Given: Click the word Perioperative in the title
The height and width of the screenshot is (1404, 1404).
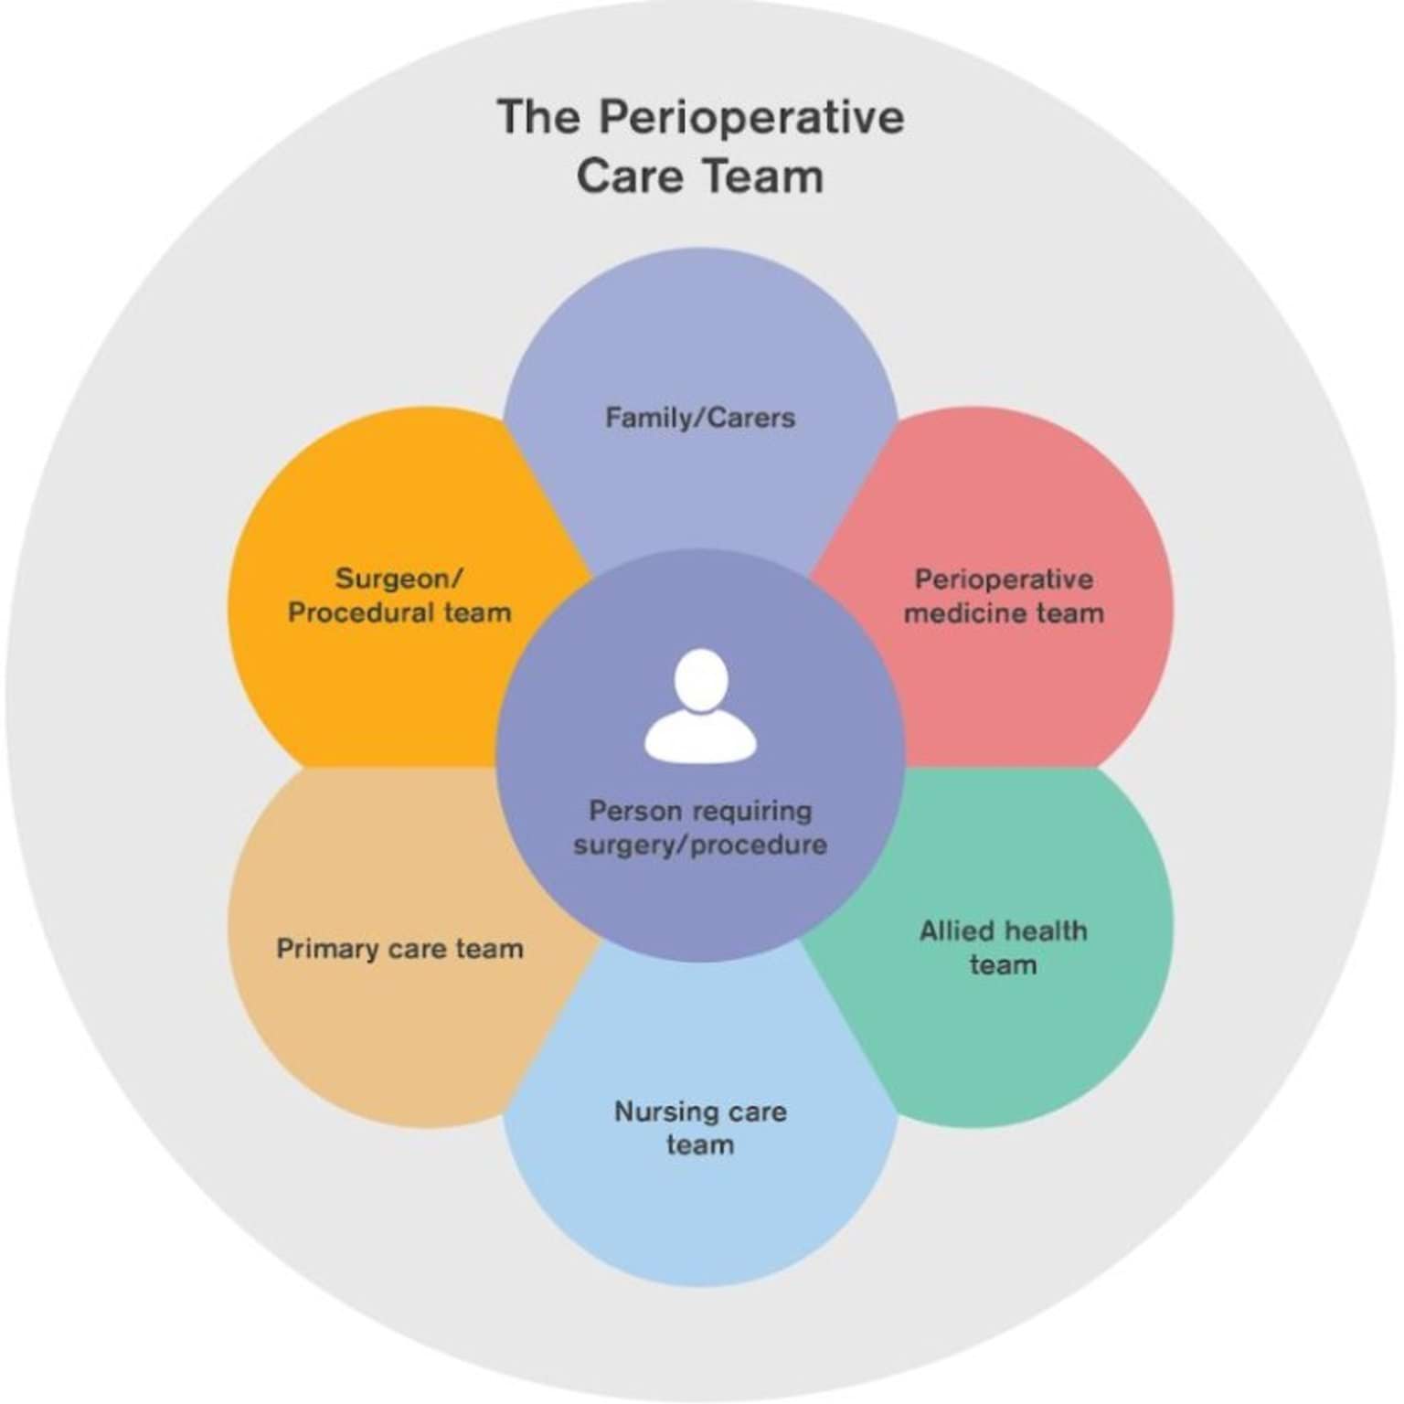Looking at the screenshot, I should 751,117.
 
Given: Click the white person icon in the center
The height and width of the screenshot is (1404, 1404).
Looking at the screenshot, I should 700,708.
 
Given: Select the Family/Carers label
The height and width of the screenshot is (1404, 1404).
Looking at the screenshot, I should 700,418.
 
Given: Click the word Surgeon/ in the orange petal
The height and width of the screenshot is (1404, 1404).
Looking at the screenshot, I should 399,579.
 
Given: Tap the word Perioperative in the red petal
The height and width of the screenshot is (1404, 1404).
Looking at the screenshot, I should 1004,580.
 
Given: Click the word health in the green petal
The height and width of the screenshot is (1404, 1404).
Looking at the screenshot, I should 1045,931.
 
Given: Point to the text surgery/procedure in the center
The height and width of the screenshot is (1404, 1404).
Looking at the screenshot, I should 700,844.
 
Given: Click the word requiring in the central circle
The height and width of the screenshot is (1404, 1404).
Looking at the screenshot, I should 750,811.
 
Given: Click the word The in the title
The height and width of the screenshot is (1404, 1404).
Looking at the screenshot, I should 538,117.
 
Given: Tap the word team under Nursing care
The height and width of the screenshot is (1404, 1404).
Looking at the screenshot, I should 700,1145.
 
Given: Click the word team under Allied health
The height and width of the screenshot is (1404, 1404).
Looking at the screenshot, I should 1003,964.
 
